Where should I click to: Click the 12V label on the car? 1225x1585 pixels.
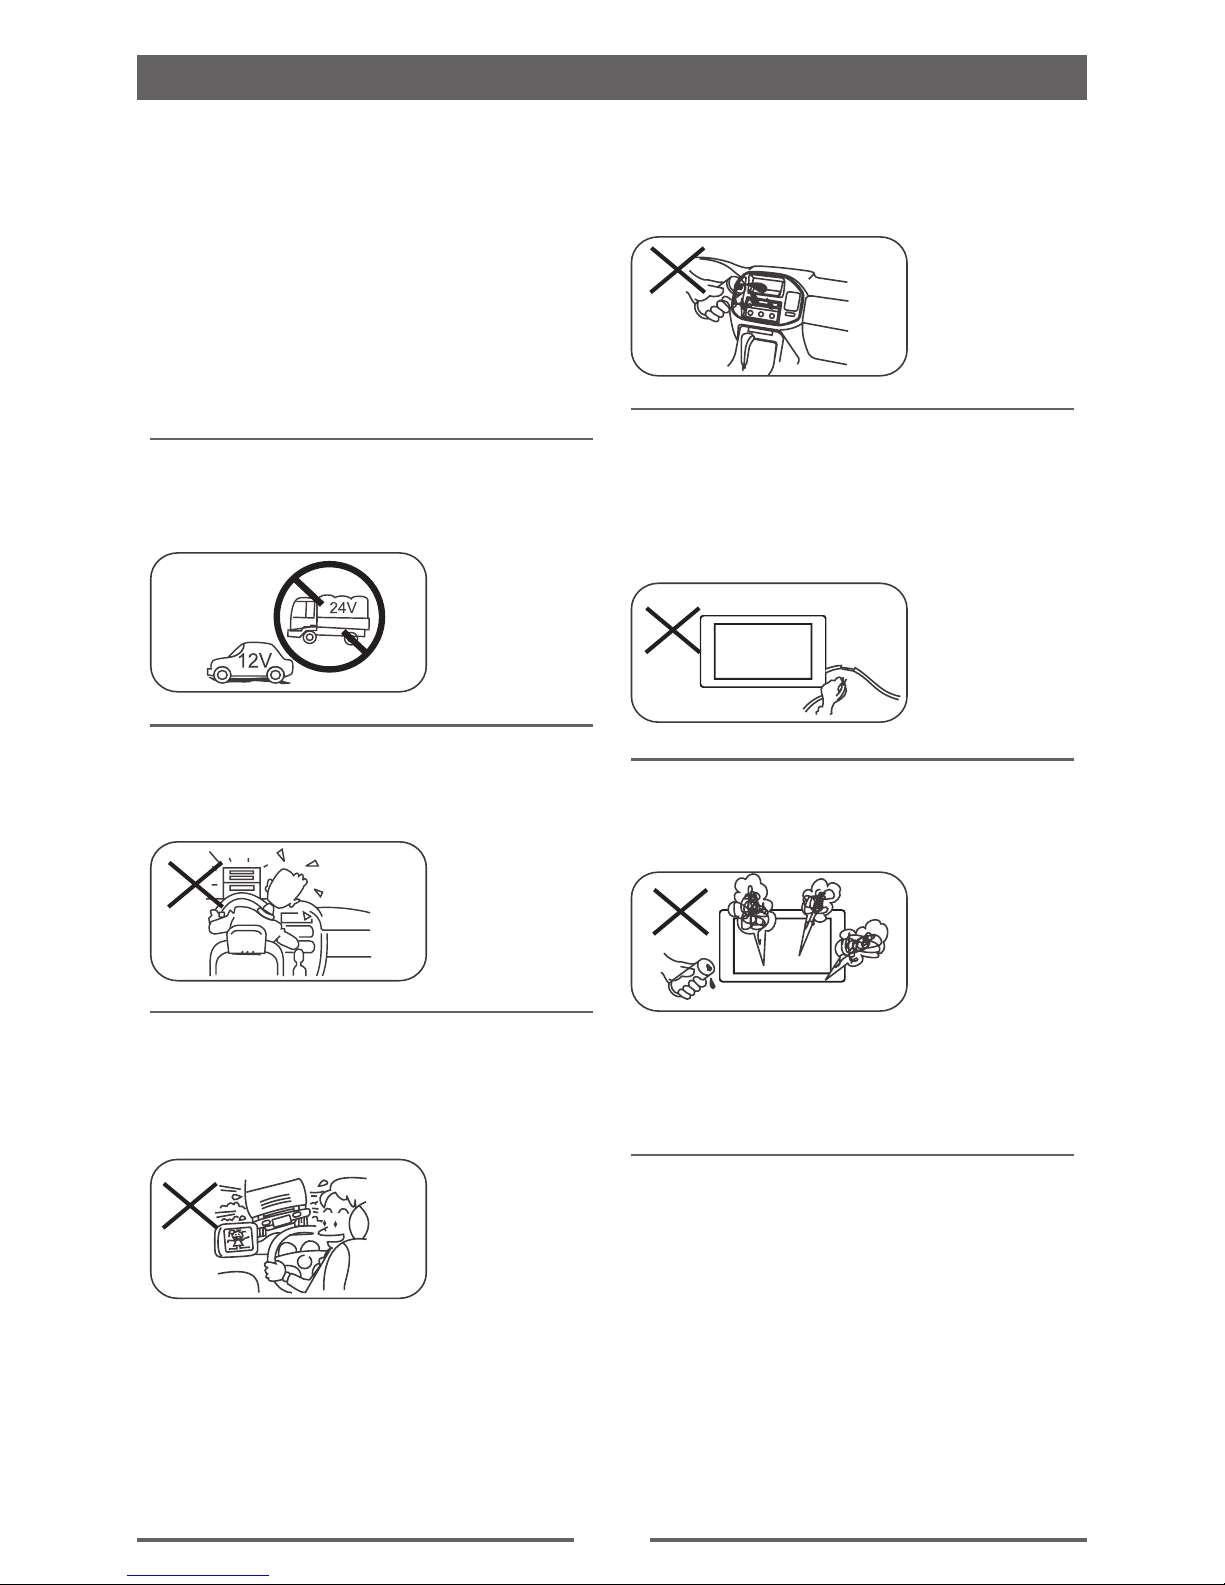pyautogui.click(x=255, y=661)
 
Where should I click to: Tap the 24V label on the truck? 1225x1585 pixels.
pyautogui.click(x=342, y=607)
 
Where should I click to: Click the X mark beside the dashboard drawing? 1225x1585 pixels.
pyautogui.click(x=677, y=270)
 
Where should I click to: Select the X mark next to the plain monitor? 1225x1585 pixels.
pyautogui.click(x=672, y=630)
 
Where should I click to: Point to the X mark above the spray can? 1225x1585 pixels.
pyautogui.click(x=680, y=911)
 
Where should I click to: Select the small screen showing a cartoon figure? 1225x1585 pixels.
pyautogui.click(x=236, y=1238)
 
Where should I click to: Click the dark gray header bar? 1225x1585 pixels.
pyautogui.click(x=612, y=77)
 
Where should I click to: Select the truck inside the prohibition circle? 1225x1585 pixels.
pyautogui.click(x=328, y=619)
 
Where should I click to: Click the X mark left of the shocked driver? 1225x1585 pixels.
pyautogui.click(x=195, y=883)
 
